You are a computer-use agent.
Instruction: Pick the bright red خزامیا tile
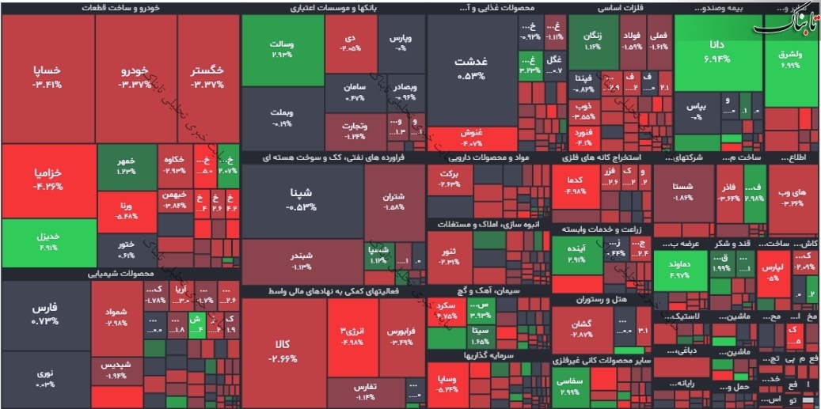click(x=48, y=180)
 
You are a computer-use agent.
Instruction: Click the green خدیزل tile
click(x=48, y=240)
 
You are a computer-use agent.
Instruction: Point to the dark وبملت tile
click(x=282, y=119)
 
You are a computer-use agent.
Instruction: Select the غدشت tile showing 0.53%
click(x=471, y=68)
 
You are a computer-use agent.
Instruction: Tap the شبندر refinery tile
click(x=302, y=261)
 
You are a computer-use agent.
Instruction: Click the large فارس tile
click(x=45, y=313)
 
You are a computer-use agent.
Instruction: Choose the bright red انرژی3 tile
click(x=352, y=335)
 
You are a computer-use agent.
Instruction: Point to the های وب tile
click(x=792, y=197)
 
